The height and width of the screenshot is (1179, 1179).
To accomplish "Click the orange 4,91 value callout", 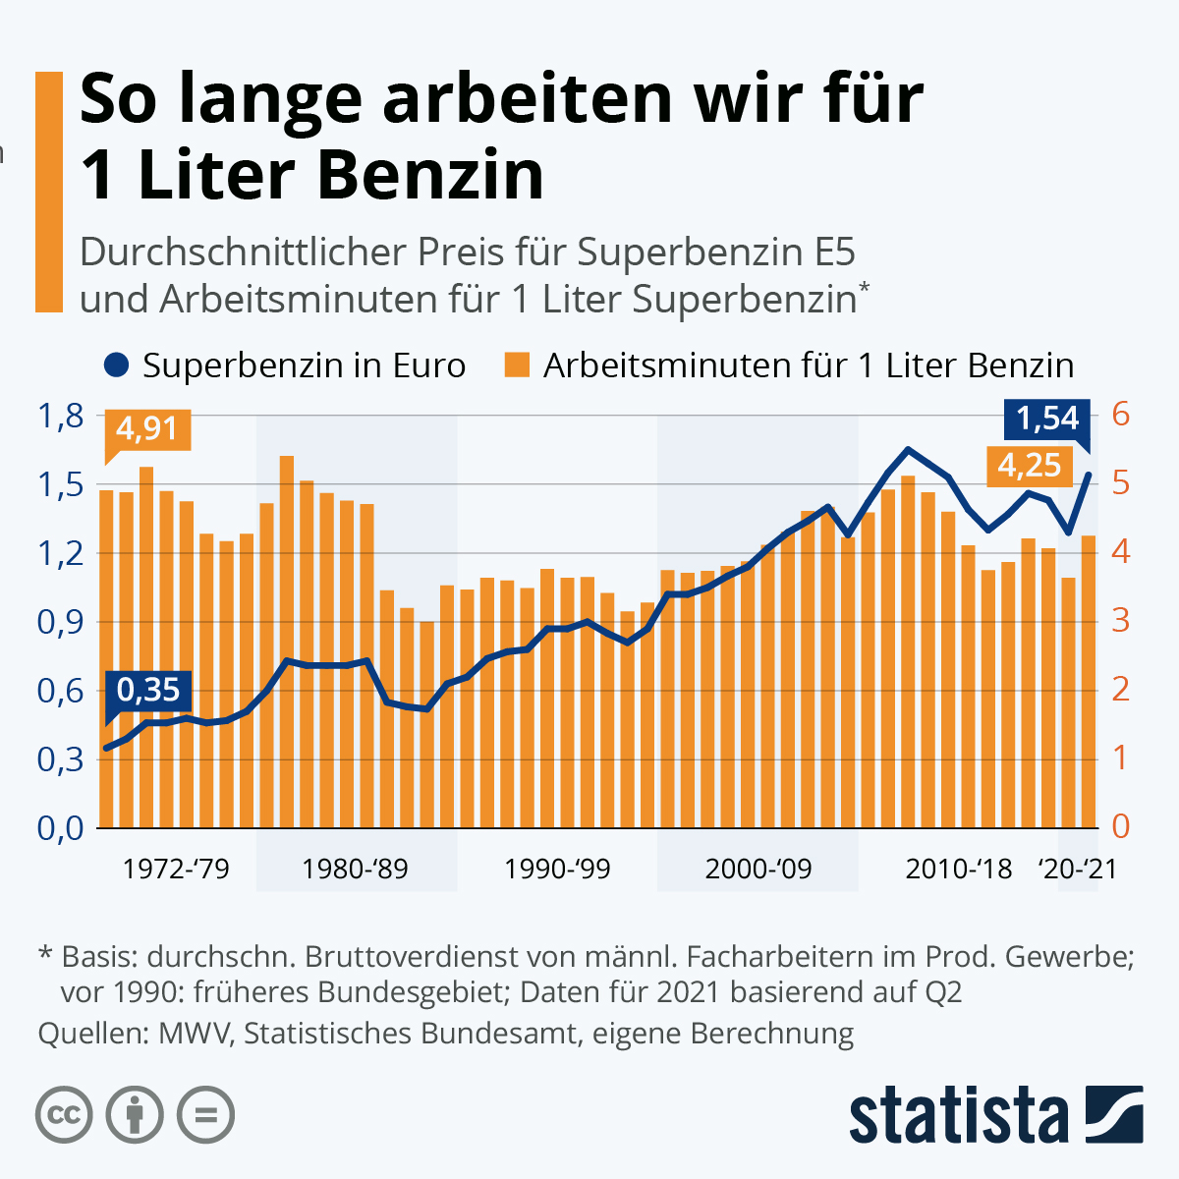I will tap(147, 429).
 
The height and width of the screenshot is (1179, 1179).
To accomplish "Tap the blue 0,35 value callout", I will tap(148, 690).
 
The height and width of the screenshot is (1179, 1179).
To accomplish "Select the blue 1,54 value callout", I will tap(1047, 419).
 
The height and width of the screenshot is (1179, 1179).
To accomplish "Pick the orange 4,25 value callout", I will tap(1029, 465).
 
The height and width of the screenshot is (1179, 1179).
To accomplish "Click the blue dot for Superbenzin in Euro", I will tap(116, 365).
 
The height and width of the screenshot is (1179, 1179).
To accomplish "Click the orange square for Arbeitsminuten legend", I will tap(517, 365).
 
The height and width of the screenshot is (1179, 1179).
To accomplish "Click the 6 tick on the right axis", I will tap(1121, 416).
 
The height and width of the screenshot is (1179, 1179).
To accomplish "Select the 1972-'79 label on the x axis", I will tap(176, 870).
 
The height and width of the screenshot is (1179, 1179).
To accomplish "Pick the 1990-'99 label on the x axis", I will tap(557, 870).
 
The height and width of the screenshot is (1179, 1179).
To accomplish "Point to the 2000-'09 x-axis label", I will tap(758, 870).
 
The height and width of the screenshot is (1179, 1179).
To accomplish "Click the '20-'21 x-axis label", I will tap(1078, 870).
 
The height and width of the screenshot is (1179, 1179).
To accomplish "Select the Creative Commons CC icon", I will tap(64, 1115).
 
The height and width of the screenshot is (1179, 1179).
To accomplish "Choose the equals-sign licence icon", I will tap(205, 1115).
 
